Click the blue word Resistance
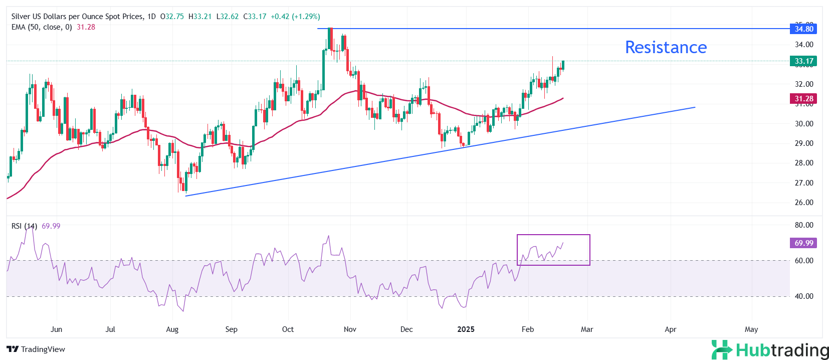point(666,47)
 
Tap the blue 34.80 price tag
point(803,29)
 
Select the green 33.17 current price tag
point(803,61)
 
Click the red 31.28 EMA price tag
point(803,99)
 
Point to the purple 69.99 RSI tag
point(803,243)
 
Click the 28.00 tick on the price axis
point(804,163)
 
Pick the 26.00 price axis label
point(804,203)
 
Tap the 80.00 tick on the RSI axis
point(804,225)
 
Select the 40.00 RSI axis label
point(804,296)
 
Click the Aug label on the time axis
point(172,329)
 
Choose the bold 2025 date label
point(466,329)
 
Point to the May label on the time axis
point(751,329)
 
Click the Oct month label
point(288,329)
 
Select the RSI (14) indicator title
point(24,226)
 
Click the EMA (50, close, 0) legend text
point(42,27)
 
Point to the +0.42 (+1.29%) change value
point(295,17)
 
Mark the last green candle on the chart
point(563,65)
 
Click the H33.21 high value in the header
point(200,17)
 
